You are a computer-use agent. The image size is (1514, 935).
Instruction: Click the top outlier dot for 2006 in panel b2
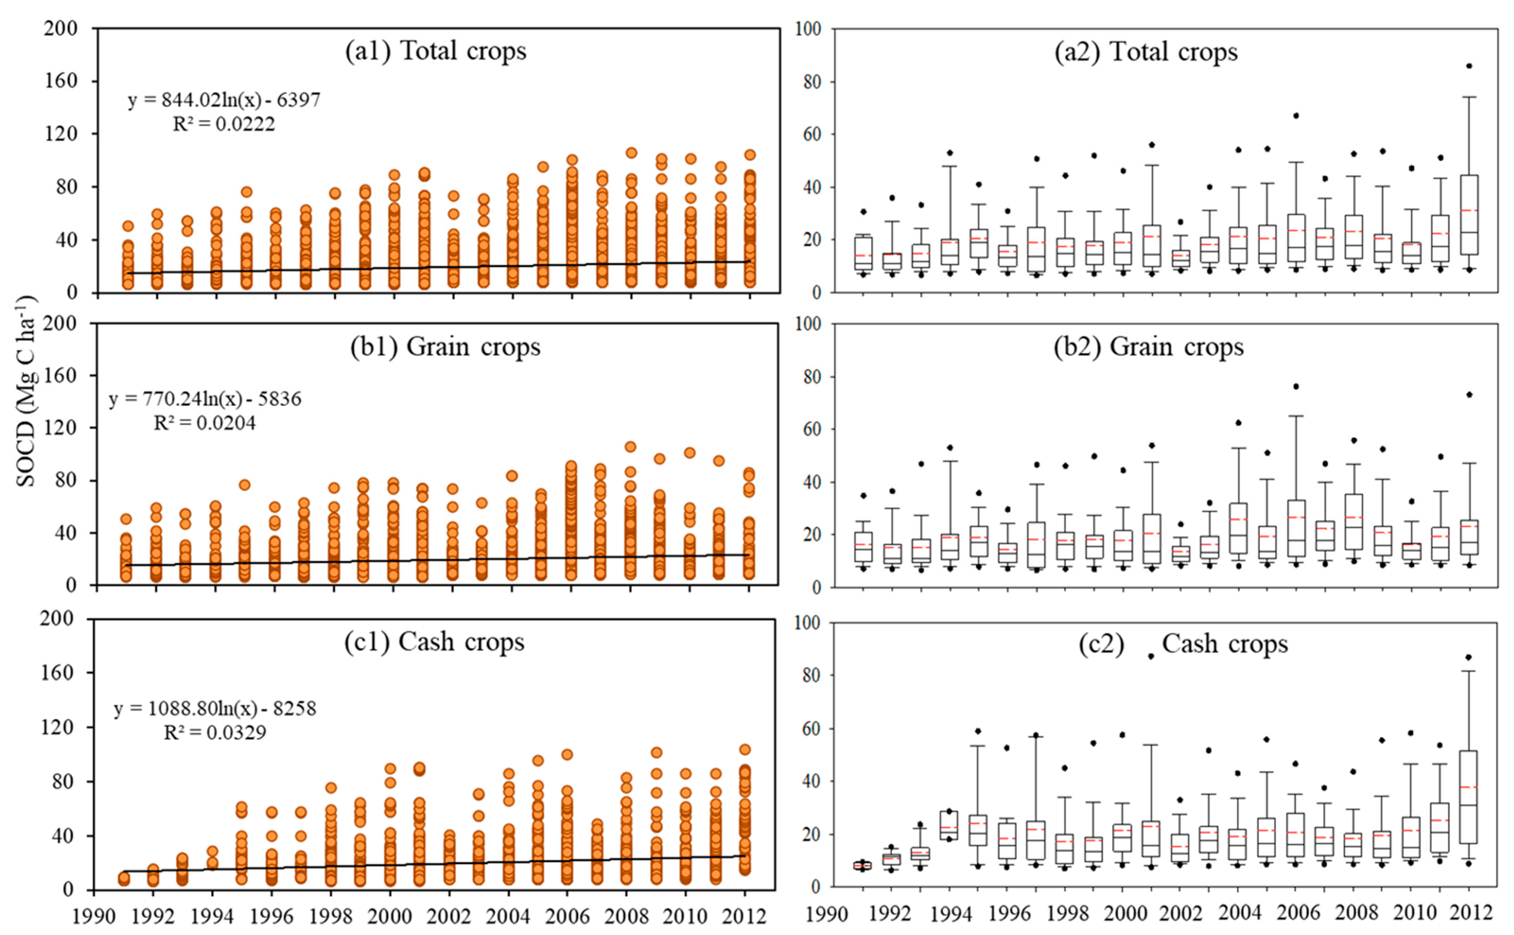pyautogui.click(x=1296, y=386)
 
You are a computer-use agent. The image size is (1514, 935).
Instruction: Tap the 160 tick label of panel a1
pyautogui.click(x=61, y=81)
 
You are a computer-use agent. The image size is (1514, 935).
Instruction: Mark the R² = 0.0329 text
pyautogui.click(x=215, y=733)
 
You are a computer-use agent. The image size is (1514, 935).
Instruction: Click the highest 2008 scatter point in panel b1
pyautogui.click(x=631, y=446)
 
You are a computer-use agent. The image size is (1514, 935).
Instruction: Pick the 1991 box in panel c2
pyautogui.click(x=862, y=865)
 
